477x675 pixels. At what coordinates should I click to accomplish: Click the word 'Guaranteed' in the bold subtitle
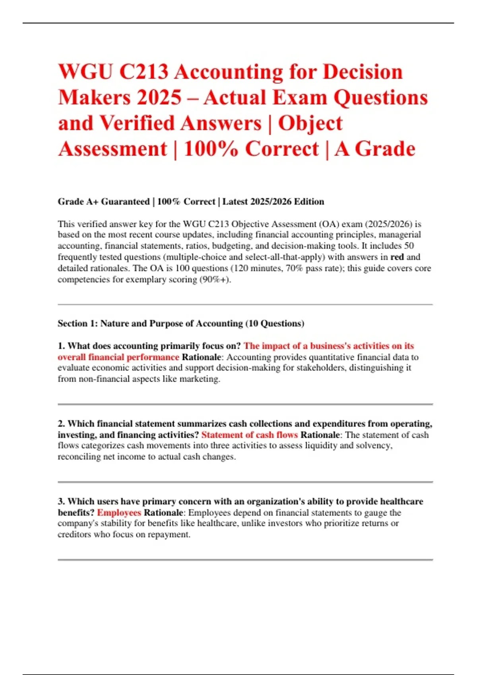point(125,202)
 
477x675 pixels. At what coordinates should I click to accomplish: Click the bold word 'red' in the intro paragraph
point(397,257)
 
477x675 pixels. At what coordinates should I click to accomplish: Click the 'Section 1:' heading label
point(78,324)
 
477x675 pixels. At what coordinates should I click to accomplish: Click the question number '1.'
point(62,346)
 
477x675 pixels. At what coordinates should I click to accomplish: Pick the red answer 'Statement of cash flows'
point(249,435)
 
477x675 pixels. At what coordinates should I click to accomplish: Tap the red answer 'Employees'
point(119,513)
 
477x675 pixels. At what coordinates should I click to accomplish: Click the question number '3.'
point(62,501)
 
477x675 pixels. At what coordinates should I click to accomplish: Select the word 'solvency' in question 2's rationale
point(376,445)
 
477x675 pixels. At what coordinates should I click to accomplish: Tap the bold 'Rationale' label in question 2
point(320,435)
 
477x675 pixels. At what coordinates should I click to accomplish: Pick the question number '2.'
point(62,424)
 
